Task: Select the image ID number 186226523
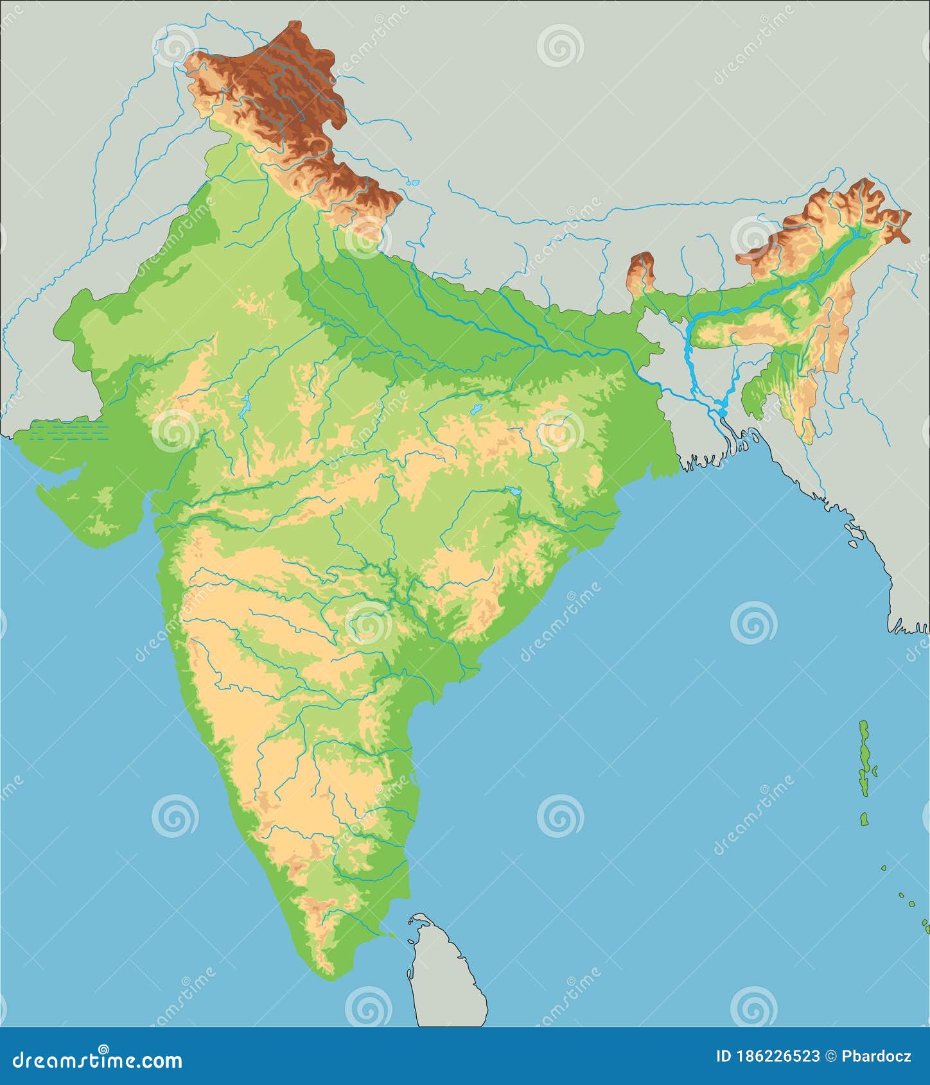(x=776, y=1056)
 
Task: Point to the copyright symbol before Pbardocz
(x=830, y=1056)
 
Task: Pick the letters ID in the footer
(x=724, y=1056)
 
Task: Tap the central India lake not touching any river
(x=476, y=409)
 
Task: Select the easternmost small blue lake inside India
(x=514, y=491)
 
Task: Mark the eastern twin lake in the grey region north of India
(x=416, y=183)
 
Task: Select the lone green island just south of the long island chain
(x=864, y=819)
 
